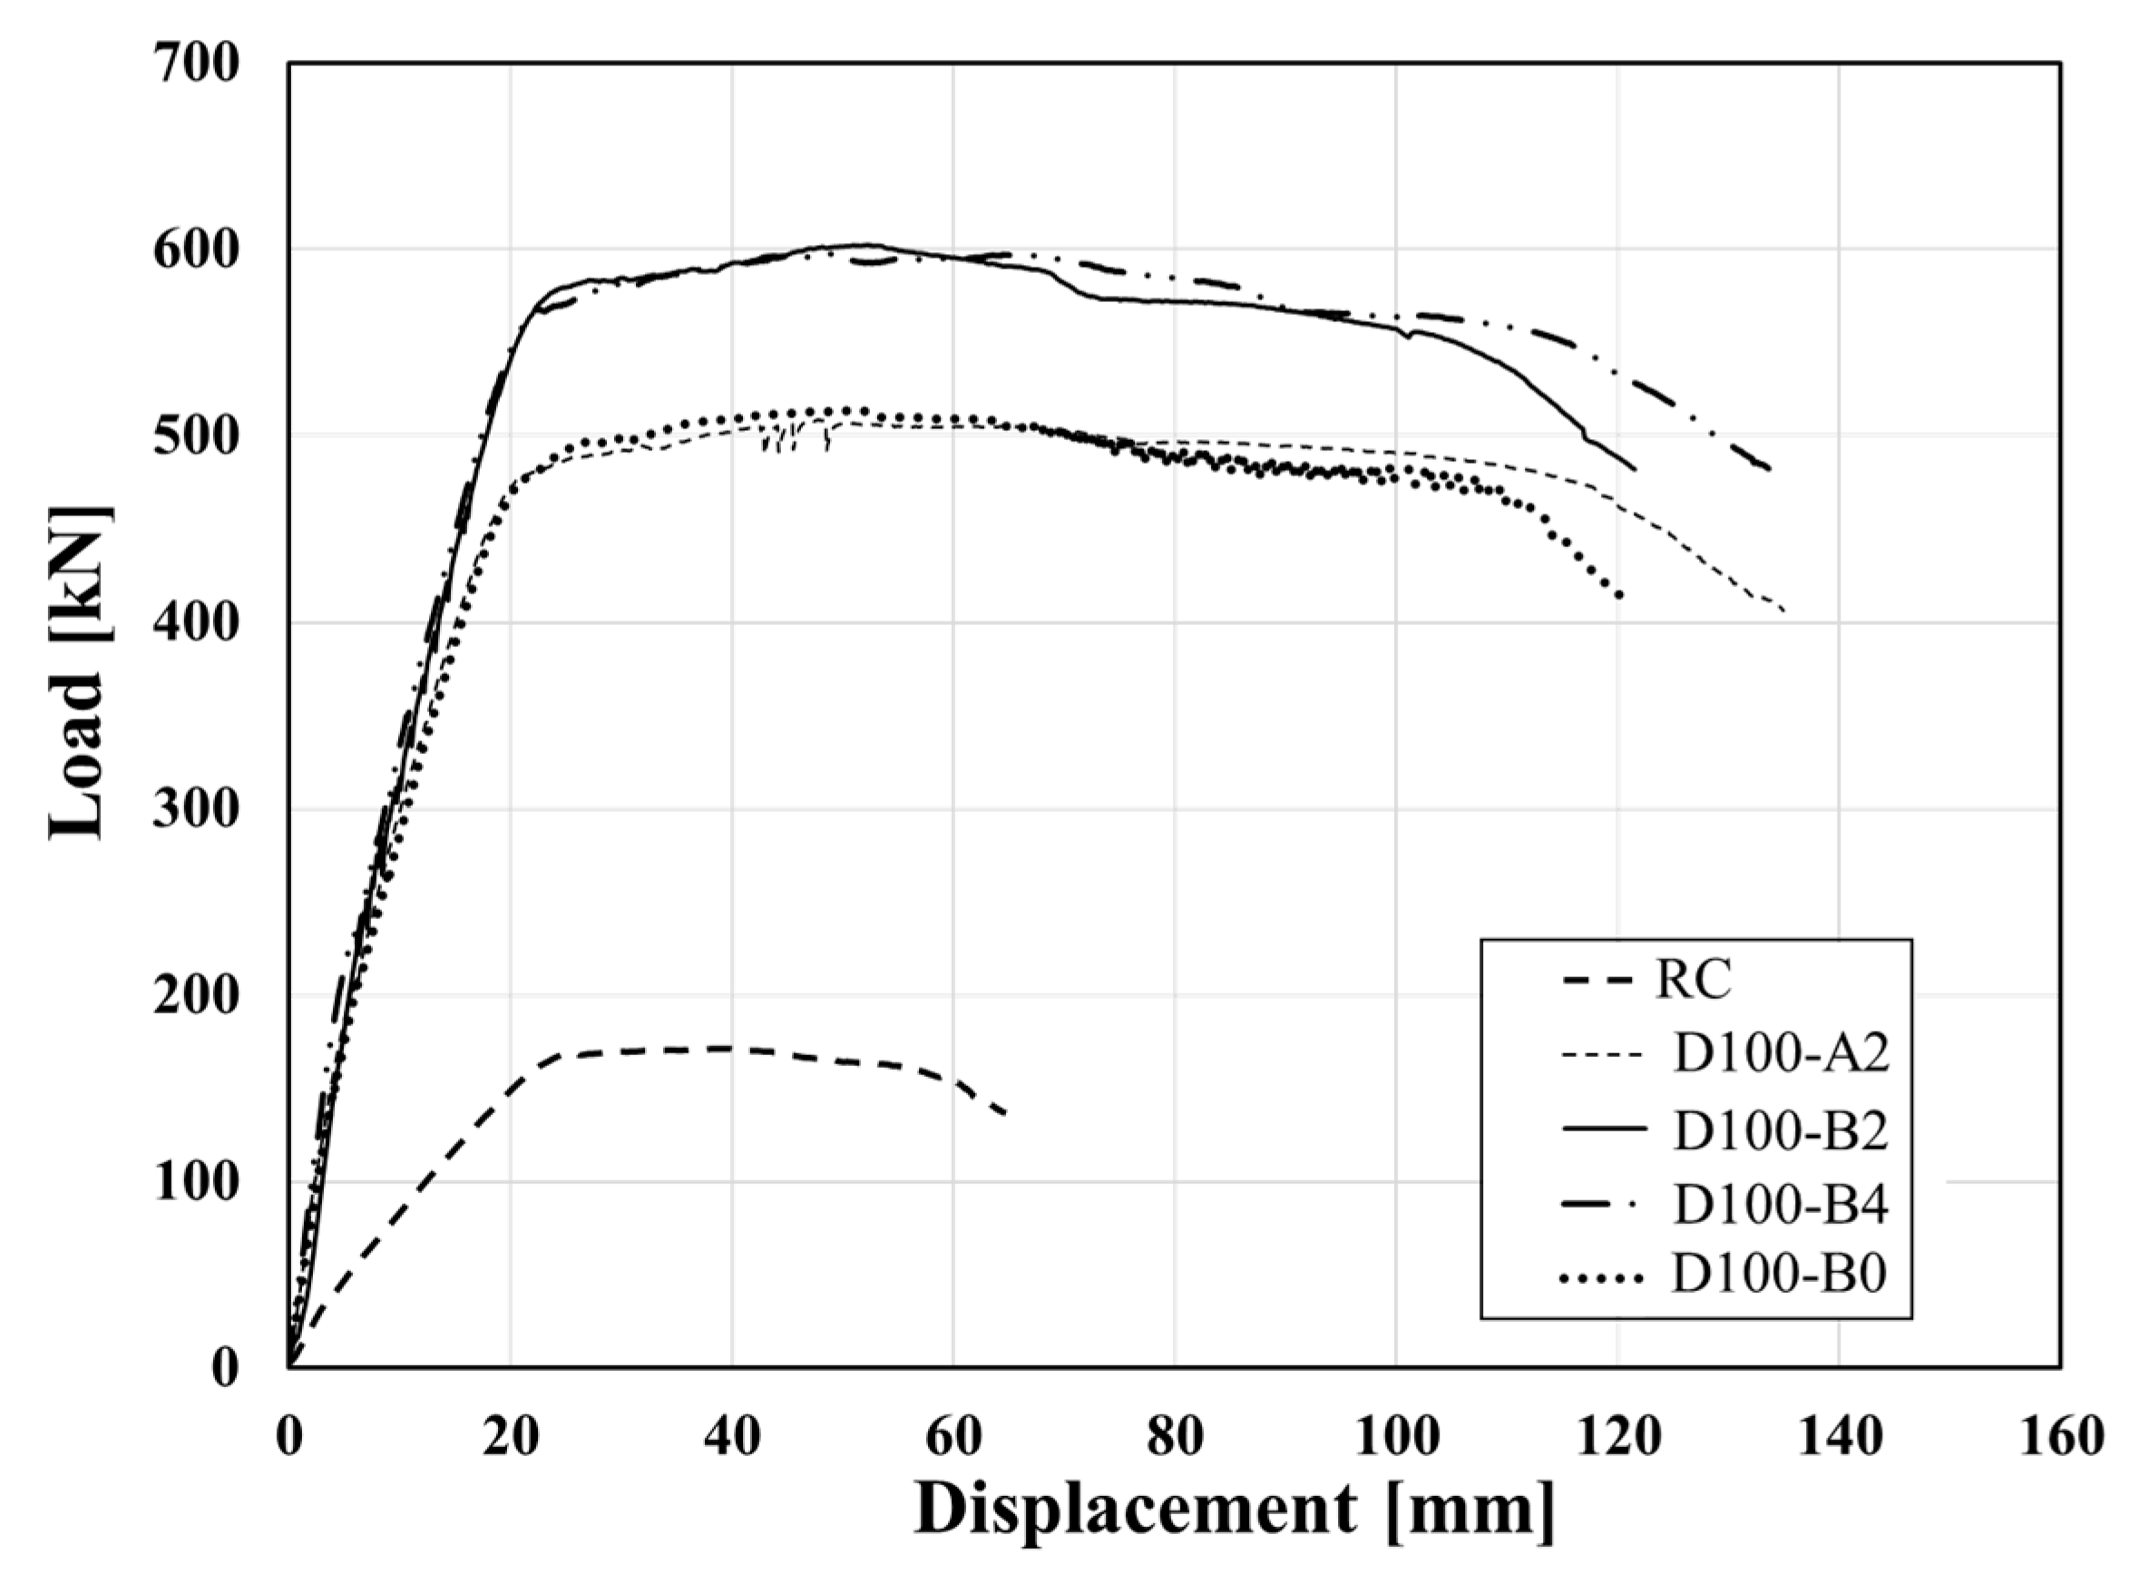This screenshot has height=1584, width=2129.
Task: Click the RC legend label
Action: [x=1694, y=980]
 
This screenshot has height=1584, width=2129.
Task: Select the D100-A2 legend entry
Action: [x=1780, y=1055]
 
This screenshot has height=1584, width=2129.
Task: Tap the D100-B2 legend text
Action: [x=1780, y=1130]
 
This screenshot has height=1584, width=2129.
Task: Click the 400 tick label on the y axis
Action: [x=196, y=623]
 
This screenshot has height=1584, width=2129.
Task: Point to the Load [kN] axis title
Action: [x=77, y=671]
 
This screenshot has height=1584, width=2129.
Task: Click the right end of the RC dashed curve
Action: [x=1003, y=1113]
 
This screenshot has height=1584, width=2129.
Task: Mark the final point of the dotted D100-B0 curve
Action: [x=1619, y=595]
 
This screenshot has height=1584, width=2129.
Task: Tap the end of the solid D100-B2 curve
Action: [x=1635, y=469]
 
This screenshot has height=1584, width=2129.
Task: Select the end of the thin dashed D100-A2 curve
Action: [x=1783, y=611]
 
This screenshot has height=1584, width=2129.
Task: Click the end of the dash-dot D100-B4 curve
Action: [x=1770, y=469]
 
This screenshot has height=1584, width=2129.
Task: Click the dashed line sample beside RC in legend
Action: [x=1596, y=981]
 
